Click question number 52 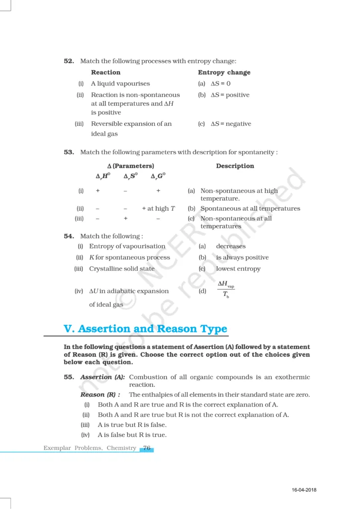(x=69, y=61)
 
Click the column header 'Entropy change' (x=224, y=73)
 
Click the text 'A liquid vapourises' (x=120, y=84)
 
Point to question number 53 (x=69, y=152)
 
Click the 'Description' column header (x=235, y=166)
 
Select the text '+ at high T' (x=158, y=209)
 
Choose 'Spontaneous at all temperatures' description (x=250, y=209)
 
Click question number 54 (x=69, y=236)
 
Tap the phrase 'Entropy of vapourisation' (x=127, y=246)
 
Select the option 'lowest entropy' (x=238, y=269)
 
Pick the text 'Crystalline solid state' (x=122, y=269)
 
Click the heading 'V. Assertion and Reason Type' (x=146, y=329)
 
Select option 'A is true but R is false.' (x=132, y=425)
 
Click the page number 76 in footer (x=147, y=448)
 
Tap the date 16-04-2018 (x=304, y=491)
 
